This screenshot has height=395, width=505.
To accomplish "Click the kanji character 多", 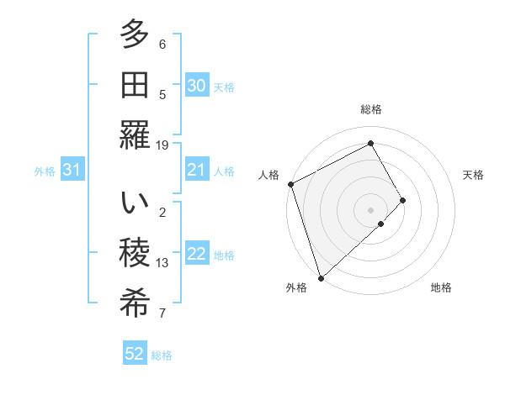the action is click(x=135, y=36).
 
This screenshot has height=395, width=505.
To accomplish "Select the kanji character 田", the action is click(x=135, y=85).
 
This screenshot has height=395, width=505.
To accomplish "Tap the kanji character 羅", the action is click(x=135, y=135).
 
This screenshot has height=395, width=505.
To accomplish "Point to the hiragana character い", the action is click(x=135, y=203).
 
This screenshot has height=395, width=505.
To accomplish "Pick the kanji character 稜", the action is click(x=135, y=253).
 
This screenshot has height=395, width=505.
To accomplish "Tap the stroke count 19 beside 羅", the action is click(x=162, y=145).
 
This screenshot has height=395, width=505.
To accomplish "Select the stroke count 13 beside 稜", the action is click(x=162, y=263).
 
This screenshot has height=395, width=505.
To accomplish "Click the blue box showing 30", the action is click(x=196, y=86).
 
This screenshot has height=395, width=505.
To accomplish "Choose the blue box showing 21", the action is click(x=196, y=171).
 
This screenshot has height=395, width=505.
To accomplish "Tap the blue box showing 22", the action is click(x=196, y=255).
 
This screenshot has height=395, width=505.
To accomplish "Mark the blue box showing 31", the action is click(x=72, y=171).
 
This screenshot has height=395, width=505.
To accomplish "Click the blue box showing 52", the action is click(x=135, y=354).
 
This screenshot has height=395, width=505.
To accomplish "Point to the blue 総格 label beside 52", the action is click(x=162, y=355).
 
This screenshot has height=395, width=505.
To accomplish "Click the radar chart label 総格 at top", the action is click(x=371, y=109).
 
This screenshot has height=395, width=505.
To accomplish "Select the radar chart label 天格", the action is click(x=474, y=175).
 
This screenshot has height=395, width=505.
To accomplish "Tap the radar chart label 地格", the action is click(x=441, y=288).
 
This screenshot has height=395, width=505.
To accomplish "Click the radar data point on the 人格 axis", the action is click(x=290, y=184).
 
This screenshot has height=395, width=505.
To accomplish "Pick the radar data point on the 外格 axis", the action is click(x=321, y=276).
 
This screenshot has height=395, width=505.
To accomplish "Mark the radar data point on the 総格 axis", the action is click(x=370, y=143).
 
